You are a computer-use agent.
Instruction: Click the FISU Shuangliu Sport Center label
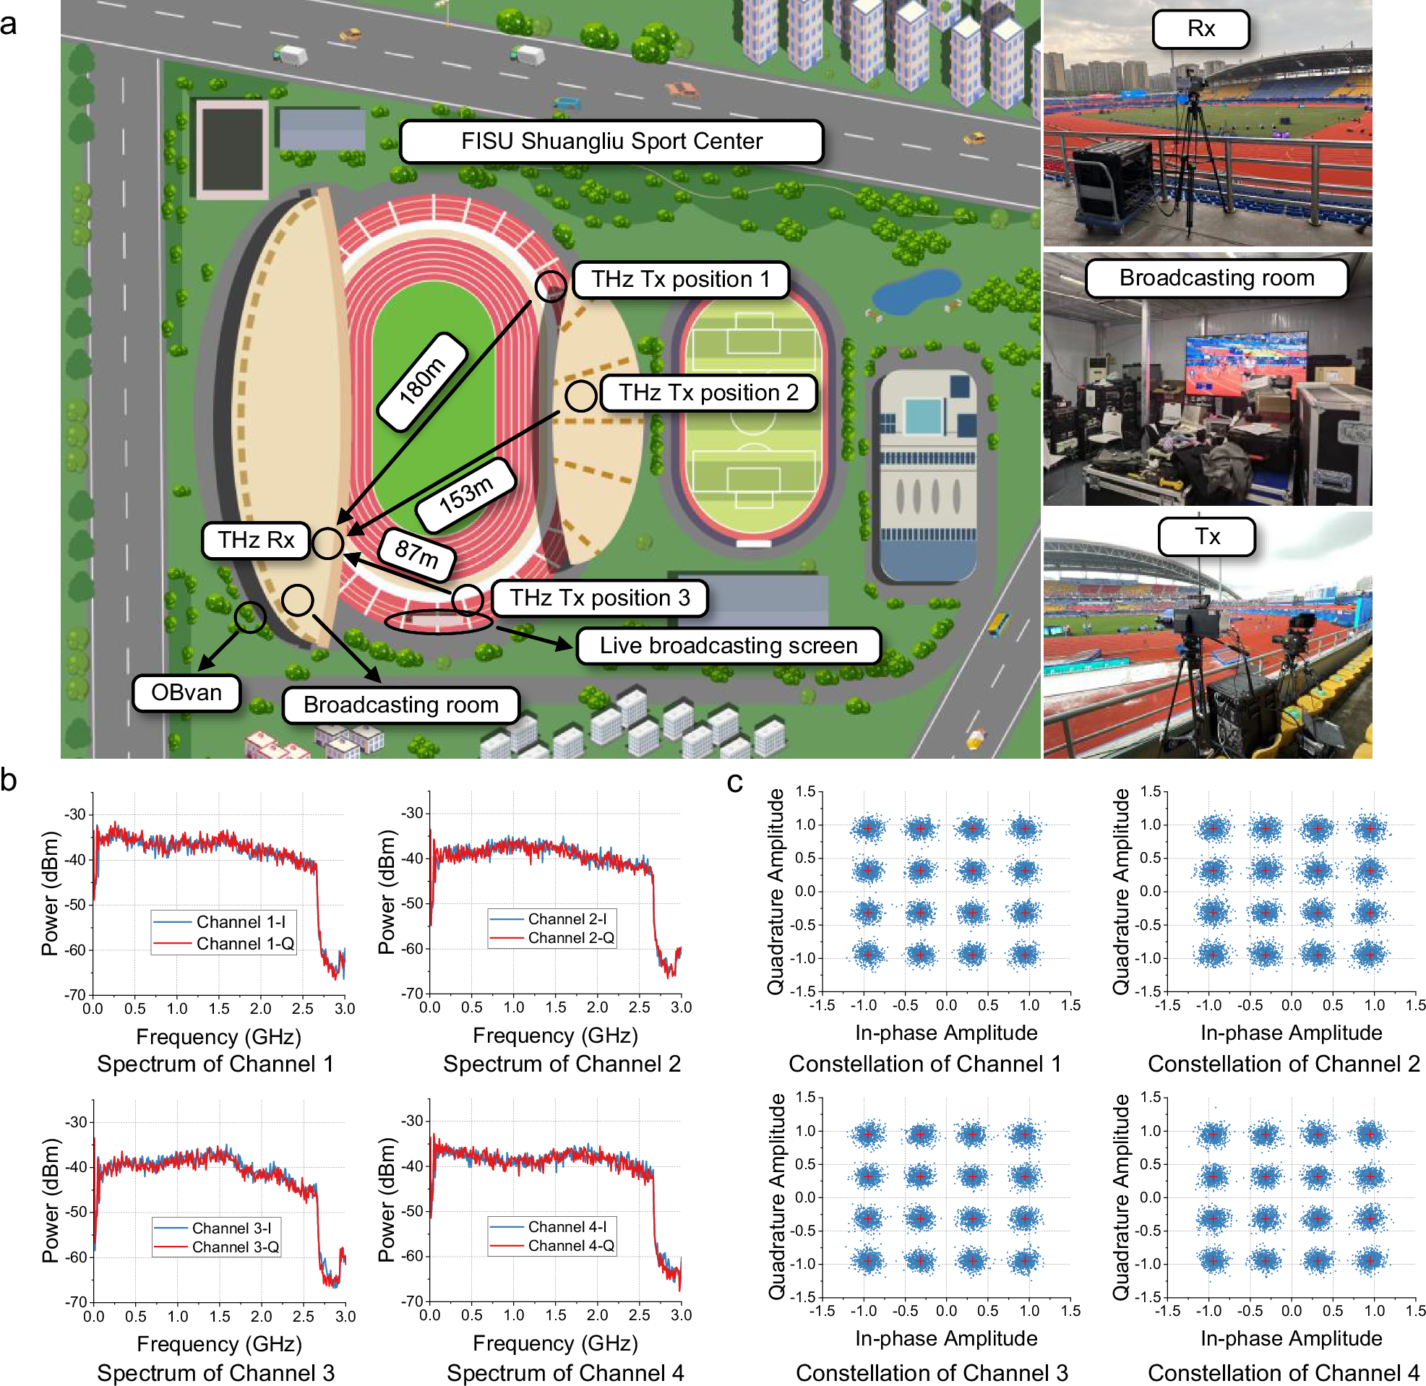611,141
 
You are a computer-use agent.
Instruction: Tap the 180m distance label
422,382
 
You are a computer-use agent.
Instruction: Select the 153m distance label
466,495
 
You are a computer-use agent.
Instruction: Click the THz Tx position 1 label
681,280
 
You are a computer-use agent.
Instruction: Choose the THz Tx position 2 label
708,393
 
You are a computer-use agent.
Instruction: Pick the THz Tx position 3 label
599,598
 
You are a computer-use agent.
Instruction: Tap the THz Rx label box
256,540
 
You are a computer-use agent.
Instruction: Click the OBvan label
186,692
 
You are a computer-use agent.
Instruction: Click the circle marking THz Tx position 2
580,396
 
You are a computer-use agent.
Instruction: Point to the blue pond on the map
917,289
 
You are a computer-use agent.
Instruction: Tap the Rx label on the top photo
1200,29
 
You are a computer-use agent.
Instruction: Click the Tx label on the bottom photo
1206,537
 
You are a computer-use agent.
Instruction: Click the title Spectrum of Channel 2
562,1064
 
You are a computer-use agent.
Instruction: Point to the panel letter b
9,780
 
